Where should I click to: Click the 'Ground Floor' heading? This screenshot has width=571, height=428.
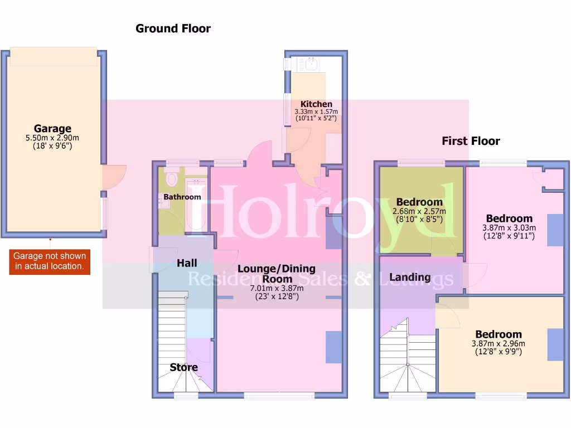[173, 28]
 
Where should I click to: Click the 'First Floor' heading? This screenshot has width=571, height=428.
[471, 141]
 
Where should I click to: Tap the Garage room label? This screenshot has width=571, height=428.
[52, 129]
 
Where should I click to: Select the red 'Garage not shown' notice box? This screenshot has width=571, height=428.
[50, 261]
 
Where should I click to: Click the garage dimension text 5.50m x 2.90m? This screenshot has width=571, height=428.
[52, 138]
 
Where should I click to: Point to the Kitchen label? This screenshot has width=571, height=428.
[316, 104]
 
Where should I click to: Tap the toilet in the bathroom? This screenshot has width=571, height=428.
[172, 179]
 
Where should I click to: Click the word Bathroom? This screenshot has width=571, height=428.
[182, 197]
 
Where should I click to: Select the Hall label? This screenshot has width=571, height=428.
[187, 263]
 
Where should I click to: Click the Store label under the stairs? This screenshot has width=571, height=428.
[183, 367]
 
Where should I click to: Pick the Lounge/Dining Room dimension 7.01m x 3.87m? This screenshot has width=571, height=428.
[277, 288]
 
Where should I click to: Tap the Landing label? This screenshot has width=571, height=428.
[410, 277]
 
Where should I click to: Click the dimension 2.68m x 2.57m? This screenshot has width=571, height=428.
[419, 212]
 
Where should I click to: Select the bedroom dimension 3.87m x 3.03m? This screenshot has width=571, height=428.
[509, 228]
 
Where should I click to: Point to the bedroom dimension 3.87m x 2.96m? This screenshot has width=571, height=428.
[498, 344]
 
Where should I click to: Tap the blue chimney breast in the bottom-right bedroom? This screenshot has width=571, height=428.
[555, 344]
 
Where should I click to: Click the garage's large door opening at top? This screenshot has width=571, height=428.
[54, 56]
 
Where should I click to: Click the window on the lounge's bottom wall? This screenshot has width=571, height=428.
[279, 395]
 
